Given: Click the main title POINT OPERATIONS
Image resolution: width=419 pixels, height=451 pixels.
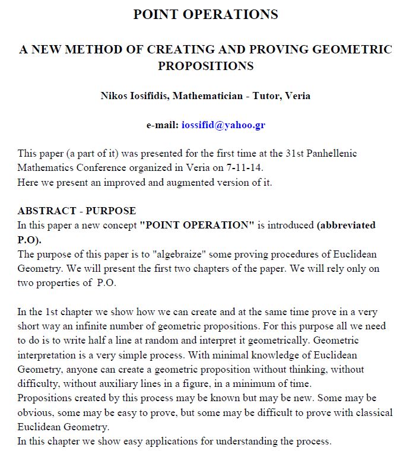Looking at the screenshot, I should (205, 15).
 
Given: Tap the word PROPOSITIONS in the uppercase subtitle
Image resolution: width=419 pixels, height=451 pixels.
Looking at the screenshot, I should (205, 65).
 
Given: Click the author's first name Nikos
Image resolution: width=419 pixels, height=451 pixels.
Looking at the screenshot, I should (115, 96).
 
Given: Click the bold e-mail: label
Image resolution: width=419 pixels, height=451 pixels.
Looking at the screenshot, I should (162, 125).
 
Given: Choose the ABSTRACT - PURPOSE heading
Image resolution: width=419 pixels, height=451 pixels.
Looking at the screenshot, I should (77, 211).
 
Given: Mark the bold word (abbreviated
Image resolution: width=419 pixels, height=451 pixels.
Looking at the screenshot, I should (347, 225).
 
